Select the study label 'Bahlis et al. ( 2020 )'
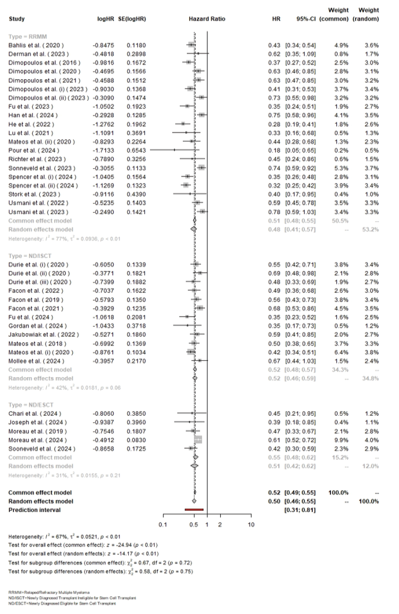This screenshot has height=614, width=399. [x=35, y=45]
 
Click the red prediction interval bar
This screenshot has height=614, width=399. [x=193, y=510]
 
